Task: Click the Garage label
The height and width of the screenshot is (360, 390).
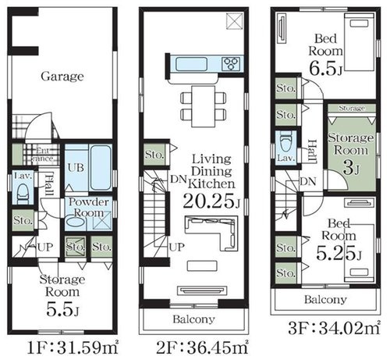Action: [62, 77]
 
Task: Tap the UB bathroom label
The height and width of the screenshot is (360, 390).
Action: [76, 168]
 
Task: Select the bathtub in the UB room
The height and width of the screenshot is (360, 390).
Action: [101, 167]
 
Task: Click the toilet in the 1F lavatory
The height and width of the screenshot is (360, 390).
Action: [23, 194]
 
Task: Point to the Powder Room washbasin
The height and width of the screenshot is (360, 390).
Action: [76, 222]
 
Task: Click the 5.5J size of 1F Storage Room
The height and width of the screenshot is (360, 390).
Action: [62, 309]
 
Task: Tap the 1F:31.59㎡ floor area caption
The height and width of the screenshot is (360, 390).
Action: [73, 348]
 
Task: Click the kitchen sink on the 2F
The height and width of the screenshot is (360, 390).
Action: [192, 64]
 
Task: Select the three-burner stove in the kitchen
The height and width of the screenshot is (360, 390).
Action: [231, 64]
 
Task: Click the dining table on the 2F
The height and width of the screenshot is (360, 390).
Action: [204, 106]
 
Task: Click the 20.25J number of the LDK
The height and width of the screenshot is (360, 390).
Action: [211, 201]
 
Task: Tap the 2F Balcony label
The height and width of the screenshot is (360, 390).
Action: [194, 319]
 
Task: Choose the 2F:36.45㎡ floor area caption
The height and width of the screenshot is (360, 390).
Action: [202, 348]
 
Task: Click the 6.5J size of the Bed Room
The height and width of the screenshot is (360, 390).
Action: [325, 69]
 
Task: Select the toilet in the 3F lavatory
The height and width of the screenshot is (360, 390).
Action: [286, 142]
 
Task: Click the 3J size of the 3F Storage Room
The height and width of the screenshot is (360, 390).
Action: [351, 168]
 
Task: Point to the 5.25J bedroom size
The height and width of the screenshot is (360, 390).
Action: [339, 253]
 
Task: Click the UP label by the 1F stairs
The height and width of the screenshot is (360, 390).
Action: [45, 247]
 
